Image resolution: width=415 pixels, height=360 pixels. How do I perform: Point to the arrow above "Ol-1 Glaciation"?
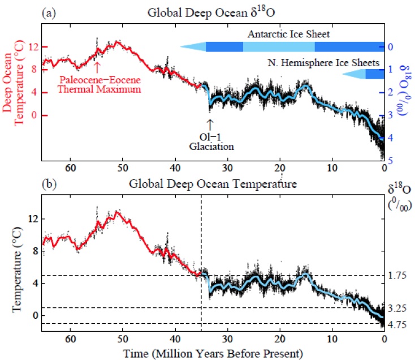[210, 123]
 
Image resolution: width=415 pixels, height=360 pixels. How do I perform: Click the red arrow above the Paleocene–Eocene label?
[97, 66]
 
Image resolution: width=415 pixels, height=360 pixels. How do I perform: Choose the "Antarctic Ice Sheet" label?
[288, 35]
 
